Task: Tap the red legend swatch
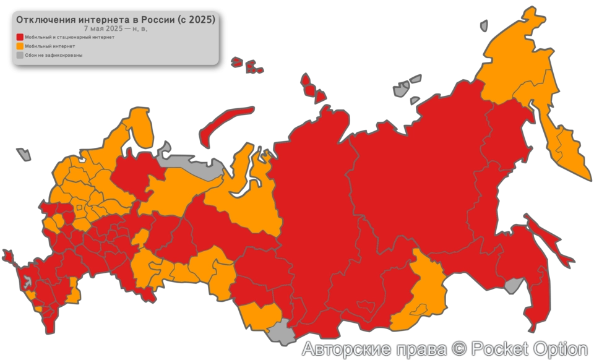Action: click(20, 37)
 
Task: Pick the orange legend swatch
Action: click(20, 46)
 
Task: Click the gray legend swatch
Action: click(20, 55)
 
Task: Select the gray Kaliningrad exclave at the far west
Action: click(24, 153)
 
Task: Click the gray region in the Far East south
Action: click(512, 285)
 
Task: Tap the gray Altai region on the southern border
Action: click(282, 335)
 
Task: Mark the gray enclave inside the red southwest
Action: click(27, 283)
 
